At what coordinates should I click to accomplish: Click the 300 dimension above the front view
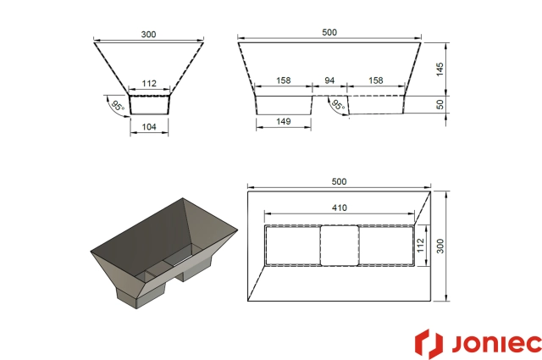point(149,34)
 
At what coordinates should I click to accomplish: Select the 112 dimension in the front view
point(149,83)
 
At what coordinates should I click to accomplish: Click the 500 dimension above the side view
point(329,32)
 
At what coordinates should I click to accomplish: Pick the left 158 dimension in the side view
point(284,81)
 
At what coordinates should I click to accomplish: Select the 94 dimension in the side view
point(330,81)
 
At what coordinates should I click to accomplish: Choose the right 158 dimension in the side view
point(376,81)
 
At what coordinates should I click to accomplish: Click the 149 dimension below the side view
point(284,122)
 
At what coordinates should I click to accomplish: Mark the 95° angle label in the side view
point(338,106)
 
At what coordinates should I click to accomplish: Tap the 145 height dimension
point(440,69)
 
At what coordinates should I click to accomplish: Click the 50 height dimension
point(440,103)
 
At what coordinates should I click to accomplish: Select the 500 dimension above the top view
point(339,182)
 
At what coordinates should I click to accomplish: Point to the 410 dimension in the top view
point(339,206)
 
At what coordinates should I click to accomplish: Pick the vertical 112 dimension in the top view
point(419,246)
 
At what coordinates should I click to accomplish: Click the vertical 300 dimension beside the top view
point(440,246)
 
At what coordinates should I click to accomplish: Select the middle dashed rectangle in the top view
point(339,246)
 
